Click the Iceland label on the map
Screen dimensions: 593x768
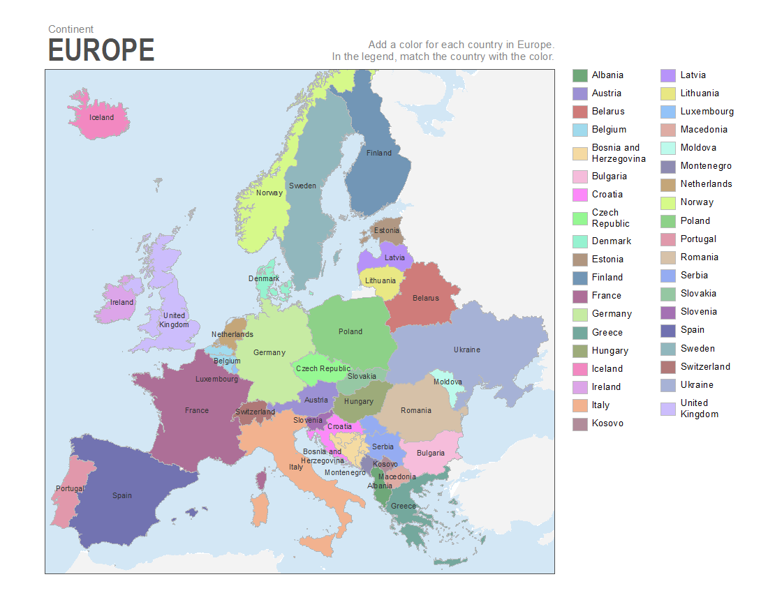(x=101, y=117)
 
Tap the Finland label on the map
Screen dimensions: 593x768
(x=379, y=153)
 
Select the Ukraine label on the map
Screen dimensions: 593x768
(x=466, y=350)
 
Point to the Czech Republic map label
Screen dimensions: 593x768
(x=323, y=368)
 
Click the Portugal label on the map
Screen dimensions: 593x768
(x=70, y=488)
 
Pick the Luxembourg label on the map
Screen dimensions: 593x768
(x=216, y=379)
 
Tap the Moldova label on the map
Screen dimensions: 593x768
(x=448, y=382)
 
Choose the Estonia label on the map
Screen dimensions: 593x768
(x=387, y=230)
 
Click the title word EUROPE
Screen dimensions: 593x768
(x=101, y=51)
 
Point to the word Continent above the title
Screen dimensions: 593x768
(x=71, y=29)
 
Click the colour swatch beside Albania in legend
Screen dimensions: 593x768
(x=579, y=75)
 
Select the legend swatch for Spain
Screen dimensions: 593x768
(x=668, y=330)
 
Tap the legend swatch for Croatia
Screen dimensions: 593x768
(x=579, y=195)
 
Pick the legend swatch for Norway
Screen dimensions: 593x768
(x=668, y=202)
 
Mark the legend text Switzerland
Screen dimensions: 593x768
(x=705, y=366)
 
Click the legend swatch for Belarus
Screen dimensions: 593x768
(x=579, y=112)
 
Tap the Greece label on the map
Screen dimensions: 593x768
(x=403, y=506)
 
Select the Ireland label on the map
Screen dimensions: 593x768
(x=121, y=302)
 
